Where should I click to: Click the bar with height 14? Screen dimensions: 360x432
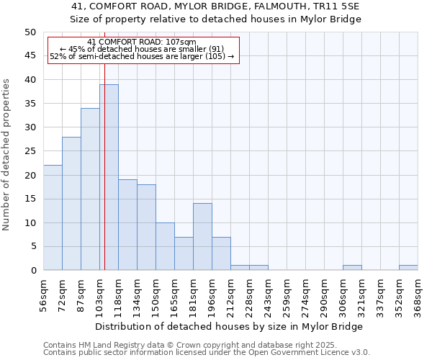202,237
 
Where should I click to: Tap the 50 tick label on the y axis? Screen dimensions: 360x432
30,32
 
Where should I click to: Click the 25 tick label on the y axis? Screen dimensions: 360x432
30,151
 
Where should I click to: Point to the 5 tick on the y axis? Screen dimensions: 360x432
33,247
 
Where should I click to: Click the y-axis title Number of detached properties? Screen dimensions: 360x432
7,155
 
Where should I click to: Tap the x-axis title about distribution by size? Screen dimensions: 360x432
230,326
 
